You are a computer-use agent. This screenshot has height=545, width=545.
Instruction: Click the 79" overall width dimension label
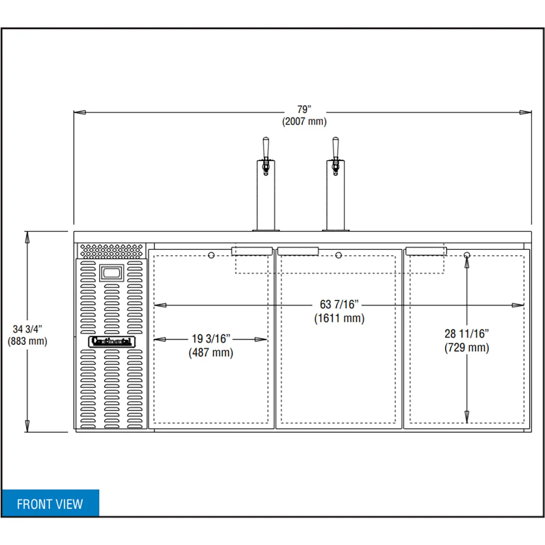[x=304, y=109]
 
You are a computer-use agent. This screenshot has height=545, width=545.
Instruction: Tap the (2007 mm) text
[x=304, y=121]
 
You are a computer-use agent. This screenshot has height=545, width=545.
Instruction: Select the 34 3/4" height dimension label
[x=27, y=329]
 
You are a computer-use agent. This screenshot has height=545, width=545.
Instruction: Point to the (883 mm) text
[x=27, y=342]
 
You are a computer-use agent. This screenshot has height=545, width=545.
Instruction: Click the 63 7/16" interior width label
[x=339, y=305]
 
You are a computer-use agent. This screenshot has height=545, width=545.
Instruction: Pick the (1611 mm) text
[x=339, y=318]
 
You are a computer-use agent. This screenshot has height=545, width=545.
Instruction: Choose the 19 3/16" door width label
[x=211, y=338]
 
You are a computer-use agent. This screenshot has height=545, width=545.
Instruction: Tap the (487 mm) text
[x=211, y=352]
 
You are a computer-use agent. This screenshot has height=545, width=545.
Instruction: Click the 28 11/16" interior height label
[x=467, y=334]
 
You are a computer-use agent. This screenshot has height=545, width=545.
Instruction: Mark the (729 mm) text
[x=467, y=347]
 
